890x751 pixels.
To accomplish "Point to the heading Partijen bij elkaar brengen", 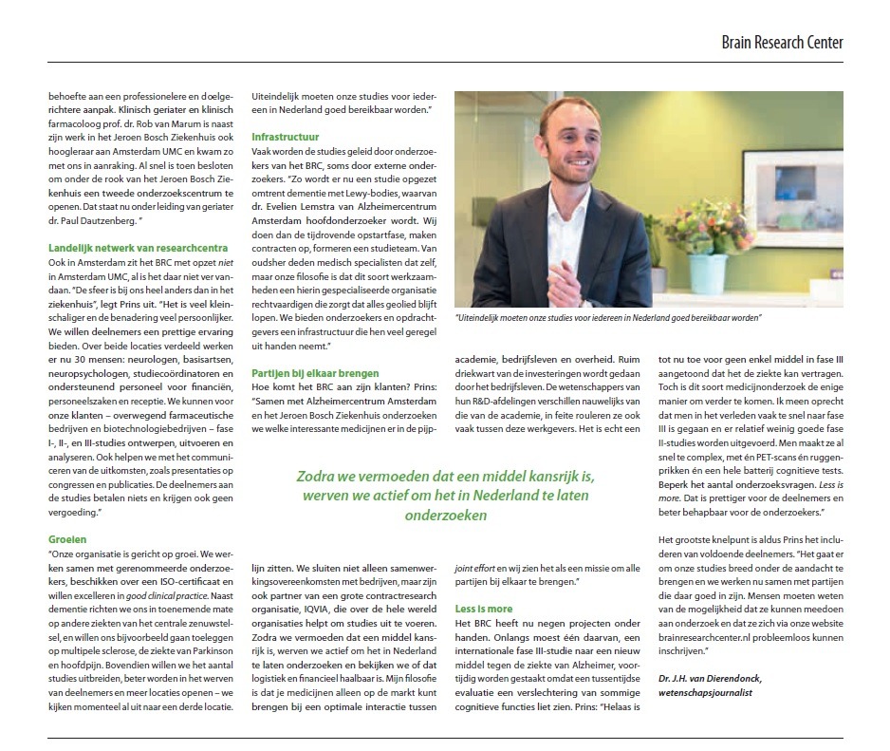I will tap(315, 373).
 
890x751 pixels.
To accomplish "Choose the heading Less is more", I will tap(484, 609).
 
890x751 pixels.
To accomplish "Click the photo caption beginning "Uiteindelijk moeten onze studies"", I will tap(608, 319).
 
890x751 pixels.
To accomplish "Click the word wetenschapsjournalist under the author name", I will tap(708, 694).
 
